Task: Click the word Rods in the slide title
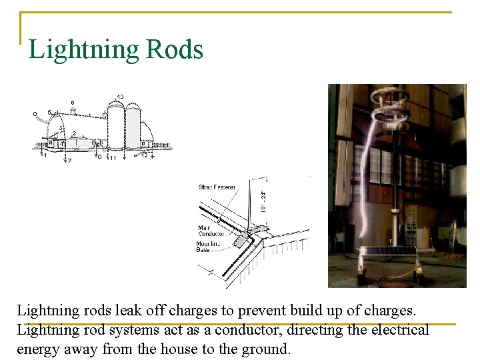(x=174, y=49)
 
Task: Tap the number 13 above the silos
(x=120, y=97)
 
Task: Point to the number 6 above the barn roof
(x=73, y=102)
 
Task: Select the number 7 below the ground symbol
(x=70, y=161)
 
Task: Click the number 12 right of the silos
(x=145, y=156)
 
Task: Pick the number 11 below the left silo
(x=113, y=159)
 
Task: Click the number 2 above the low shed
(x=73, y=133)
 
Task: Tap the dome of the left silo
(x=116, y=108)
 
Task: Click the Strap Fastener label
(x=217, y=187)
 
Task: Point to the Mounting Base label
(x=210, y=247)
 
